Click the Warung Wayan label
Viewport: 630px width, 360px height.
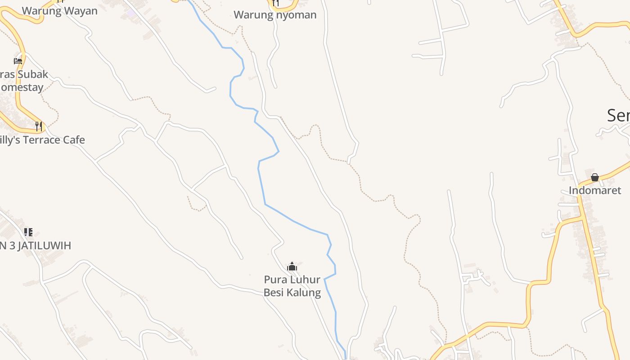point(59,11)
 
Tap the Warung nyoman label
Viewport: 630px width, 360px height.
point(275,15)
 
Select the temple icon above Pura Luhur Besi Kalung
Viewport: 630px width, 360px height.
point(292,266)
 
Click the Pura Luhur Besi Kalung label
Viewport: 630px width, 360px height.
point(292,286)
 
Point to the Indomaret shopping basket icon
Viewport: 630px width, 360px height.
point(595,177)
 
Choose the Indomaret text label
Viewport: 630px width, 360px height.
point(595,190)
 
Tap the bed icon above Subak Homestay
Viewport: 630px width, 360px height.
point(18,61)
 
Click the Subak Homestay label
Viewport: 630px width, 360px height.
point(22,81)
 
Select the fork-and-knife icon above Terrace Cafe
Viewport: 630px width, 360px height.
point(39,126)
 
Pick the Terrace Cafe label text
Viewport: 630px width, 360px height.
point(42,140)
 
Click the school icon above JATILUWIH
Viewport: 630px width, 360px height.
point(28,232)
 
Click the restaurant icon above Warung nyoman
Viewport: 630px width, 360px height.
point(275,3)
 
